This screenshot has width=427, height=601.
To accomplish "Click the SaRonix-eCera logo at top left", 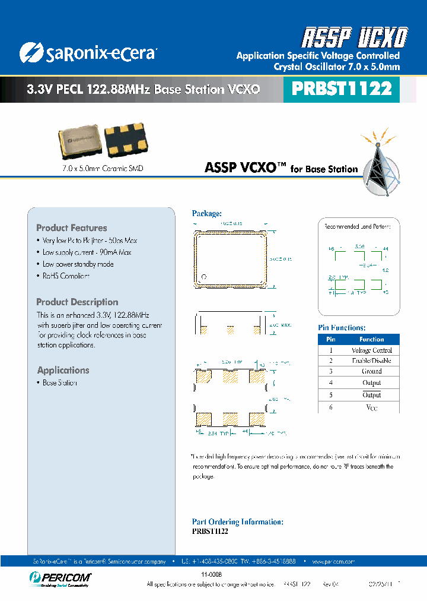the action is click(88, 52).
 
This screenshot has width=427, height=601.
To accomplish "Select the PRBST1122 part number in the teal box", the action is click(342, 88).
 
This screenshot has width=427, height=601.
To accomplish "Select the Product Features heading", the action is click(72, 228).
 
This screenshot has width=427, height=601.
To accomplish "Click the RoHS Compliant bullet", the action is click(66, 276).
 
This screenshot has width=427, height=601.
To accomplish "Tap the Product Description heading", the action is click(77, 302).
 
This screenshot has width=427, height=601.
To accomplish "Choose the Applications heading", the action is click(63, 371).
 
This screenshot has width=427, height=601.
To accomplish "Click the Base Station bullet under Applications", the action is click(59, 383).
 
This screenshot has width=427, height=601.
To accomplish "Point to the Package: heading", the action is click(207, 213).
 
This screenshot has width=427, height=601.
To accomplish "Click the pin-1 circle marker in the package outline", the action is click(203, 277).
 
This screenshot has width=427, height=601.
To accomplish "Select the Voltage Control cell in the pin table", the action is click(372, 350).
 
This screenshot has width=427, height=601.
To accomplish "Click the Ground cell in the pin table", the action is click(372, 371).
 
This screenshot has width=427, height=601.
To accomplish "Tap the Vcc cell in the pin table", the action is click(372, 407).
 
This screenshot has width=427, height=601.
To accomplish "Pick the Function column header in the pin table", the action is click(372, 339).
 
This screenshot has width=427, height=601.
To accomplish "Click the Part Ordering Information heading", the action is click(237, 522).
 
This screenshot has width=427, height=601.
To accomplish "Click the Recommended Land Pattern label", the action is click(361, 227).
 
